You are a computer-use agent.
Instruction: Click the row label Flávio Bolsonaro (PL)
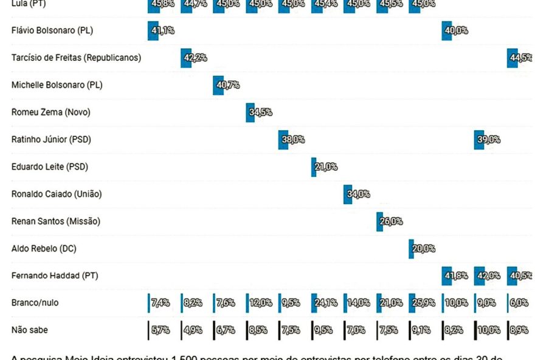pyautogui.click(x=52, y=30)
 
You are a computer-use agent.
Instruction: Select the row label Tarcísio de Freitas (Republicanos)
pyautogui.click(x=76, y=58)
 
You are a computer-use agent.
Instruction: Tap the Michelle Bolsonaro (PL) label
pyautogui.click(x=57, y=85)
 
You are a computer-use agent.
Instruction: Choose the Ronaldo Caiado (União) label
pyautogui.click(x=57, y=194)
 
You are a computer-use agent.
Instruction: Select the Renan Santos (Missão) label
pyautogui.click(x=56, y=221)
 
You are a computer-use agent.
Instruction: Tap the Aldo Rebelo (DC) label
pyautogui.click(x=44, y=249)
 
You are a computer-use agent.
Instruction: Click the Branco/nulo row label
pyautogui.click(x=35, y=303)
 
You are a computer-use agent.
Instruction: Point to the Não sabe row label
pyautogui.click(x=30, y=330)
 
